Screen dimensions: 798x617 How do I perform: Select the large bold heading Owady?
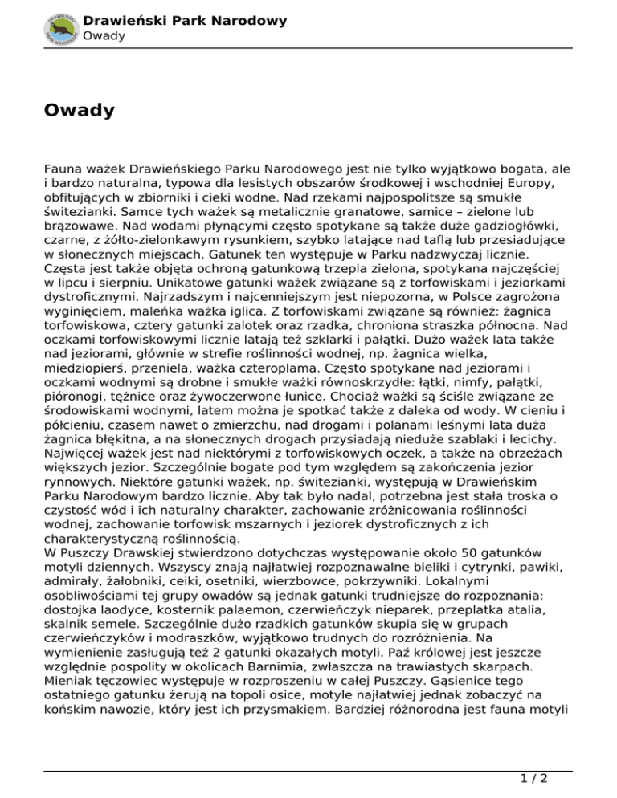pos(80,110)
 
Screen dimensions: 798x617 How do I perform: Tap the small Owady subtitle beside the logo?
pos(104,36)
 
